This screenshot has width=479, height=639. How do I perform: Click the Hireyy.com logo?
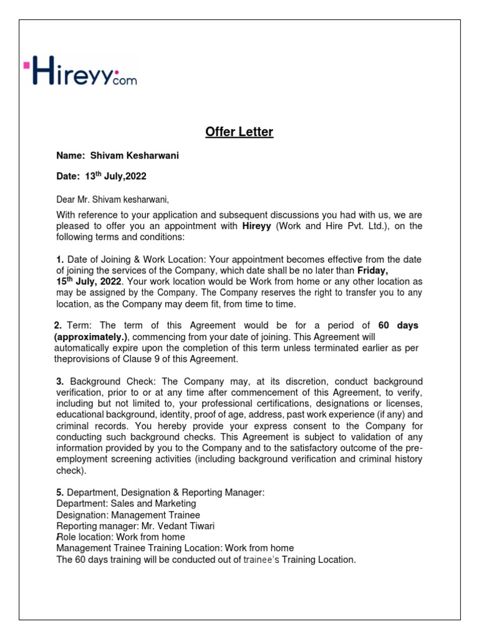[80, 70]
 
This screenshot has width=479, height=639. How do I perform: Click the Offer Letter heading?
[239, 132]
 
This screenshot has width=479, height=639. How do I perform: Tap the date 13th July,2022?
[115, 177]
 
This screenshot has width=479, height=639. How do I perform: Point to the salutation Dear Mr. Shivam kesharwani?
[112, 200]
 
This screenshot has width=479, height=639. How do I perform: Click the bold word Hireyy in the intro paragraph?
[256, 226]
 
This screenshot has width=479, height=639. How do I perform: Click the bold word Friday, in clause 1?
[372, 271]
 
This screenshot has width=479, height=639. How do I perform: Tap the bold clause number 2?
[58, 326]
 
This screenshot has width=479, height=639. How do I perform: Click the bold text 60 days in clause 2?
[398, 326]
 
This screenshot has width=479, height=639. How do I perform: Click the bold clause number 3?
[60, 381]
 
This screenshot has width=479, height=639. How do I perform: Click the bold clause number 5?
[60, 492]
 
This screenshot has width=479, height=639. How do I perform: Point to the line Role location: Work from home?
[120, 537]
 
